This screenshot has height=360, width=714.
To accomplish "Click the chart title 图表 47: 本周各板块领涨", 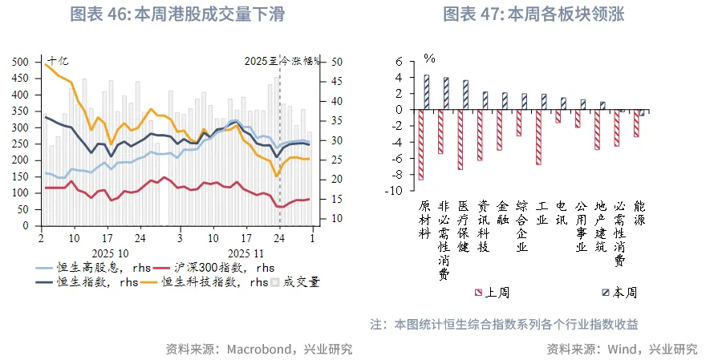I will pos(533,14).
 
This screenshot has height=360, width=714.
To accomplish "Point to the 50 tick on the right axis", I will pos(337,62).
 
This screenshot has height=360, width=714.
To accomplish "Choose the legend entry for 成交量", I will pos(301,281).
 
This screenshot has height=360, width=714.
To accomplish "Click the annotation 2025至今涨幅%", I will pos(282,60).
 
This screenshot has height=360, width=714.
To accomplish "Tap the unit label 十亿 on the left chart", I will pos(58,60).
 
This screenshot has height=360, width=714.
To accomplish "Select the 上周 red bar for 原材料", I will pos(421,144).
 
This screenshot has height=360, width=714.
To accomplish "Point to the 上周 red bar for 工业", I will pos(539,137).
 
